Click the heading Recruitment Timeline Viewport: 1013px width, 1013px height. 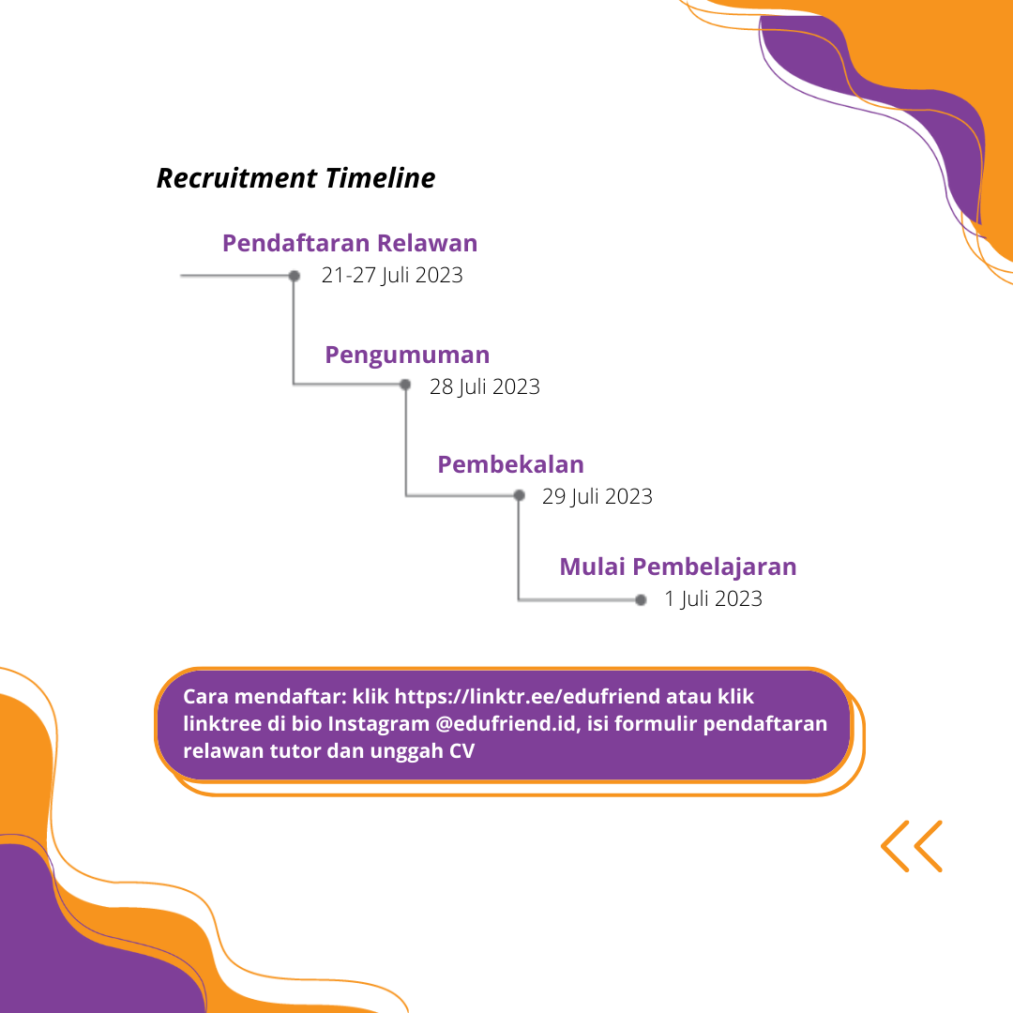pos(295,178)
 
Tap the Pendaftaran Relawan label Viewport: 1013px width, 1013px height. pos(350,243)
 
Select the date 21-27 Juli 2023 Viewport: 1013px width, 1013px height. pos(392,276)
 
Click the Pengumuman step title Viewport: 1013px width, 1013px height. pos(407,355)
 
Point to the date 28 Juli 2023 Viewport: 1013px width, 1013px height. pos(485,386)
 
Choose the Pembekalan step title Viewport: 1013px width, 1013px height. pos(510,464)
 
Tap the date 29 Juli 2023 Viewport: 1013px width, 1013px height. pos(597,496)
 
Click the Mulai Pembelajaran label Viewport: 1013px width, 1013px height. pos(678,567)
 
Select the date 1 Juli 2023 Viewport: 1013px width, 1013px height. pos(714,598)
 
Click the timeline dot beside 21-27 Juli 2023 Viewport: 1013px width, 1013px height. pos(295,276)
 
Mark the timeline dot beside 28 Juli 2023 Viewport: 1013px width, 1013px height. pos(405,385)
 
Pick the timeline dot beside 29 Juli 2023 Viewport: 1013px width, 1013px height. pos(519,495)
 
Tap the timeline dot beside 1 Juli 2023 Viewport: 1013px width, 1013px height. pos(641,598)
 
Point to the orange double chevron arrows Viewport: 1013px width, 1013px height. pos(912,846)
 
